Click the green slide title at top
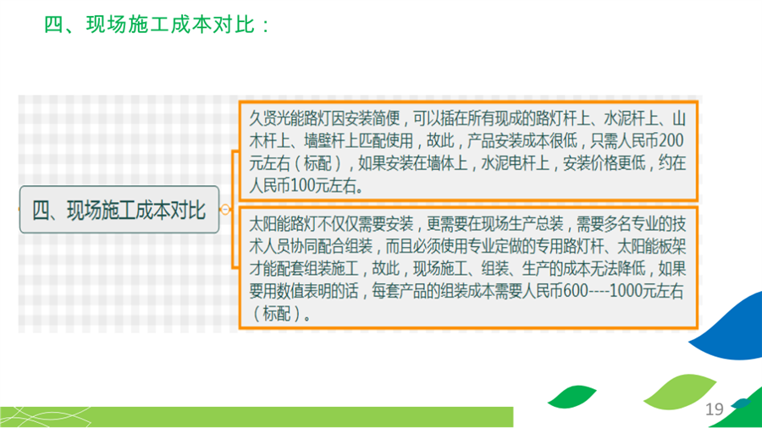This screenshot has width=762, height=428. [x=157, y=25]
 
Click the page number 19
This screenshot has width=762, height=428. [x=715, y=409]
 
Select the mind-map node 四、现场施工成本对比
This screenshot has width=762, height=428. [x=119, y=210]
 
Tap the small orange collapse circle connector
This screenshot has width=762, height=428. [x=225, y=210]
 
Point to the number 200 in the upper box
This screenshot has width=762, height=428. [x=671, y=140]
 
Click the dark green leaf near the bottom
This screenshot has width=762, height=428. [x=571, y=397]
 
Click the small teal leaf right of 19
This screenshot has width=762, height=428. [x=741, y=403]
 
